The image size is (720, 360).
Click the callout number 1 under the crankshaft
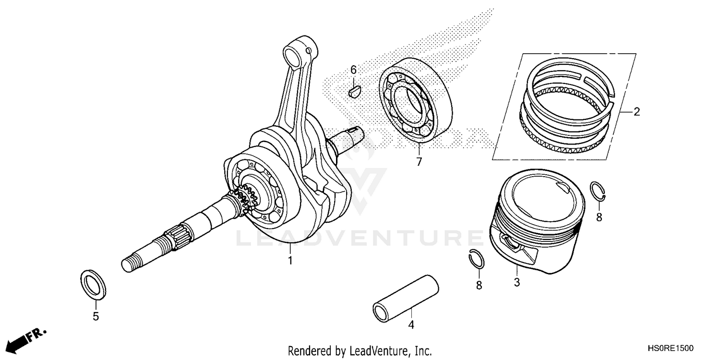pyautogui.click(x=289, y=261)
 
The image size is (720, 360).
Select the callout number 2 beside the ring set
pyautogui.click(x=636, y=112)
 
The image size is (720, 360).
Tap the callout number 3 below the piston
pyautogui.click(x=517, y=282)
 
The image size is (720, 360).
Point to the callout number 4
pyautogui.click(x=411, y=325)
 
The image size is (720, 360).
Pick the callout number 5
pyautogui.click(x=96, y=316)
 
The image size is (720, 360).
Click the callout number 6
pyautogui.click(x=353, y=70)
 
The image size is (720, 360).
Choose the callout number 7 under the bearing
pyautogui.click(x=419, y=162)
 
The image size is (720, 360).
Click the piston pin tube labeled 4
pyautogui.click(x=407, y=297)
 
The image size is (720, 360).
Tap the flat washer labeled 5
pyautogui.click(x=93, y=284)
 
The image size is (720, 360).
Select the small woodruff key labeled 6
pyautogui.click(x=354, y=90)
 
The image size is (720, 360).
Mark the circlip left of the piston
pyautogui.click(x=476, y=260)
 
